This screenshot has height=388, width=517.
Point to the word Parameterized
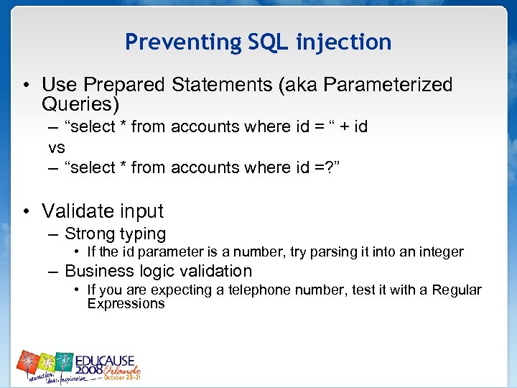[x=388, y=85]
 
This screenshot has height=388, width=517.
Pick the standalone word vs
[x=57, y=147]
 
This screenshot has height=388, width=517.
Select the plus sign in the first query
[x=345, y=127]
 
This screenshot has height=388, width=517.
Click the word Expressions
[x=126, y=303]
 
